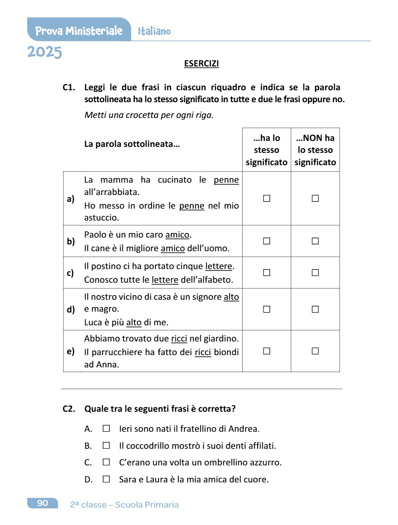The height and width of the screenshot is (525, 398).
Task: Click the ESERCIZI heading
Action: coord(201,64)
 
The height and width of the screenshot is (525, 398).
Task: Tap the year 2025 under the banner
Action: coord(45,52)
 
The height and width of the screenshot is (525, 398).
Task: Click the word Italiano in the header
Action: coord(154,31)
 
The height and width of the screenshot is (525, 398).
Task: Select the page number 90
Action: coord(43,503)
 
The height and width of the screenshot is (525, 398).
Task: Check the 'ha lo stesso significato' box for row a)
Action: coord(266,198)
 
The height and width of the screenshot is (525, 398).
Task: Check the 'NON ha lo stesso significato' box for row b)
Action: coord(315,241)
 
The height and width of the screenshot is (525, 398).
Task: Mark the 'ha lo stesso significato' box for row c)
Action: coord(266,273)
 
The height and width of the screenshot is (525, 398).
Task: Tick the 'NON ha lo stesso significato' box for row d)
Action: coord(315,309)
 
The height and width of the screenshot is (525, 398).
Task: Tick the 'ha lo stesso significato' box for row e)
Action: coord(266,351)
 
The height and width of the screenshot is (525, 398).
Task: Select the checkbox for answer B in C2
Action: coord(106,446)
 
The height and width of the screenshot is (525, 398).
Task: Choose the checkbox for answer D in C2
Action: coord(106,479)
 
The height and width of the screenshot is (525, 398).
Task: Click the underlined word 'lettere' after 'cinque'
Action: coord(219,267)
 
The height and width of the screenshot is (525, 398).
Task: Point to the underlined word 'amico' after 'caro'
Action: coord(177,235)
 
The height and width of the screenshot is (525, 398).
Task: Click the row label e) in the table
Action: coord(71,351)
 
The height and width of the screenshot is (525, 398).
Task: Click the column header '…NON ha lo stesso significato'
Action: coord(315,150)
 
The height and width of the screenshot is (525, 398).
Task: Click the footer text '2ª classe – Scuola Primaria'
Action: coord(124,505)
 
